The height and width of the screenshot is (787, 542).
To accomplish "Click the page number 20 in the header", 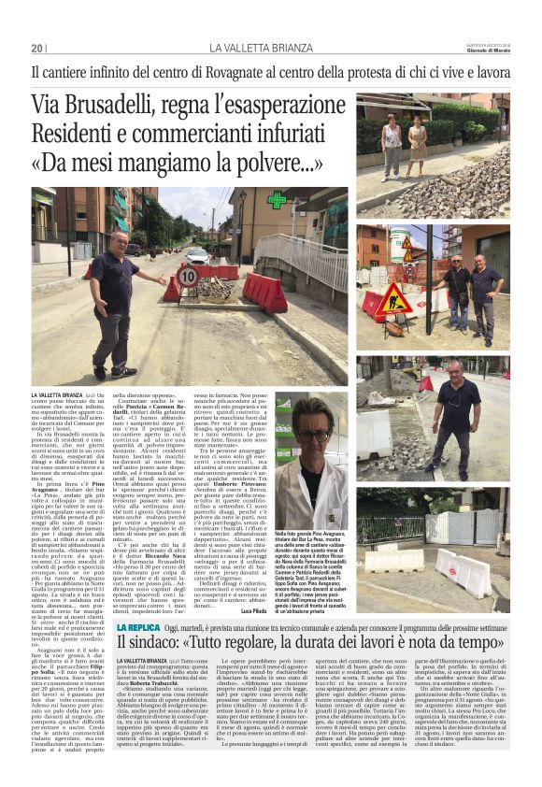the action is coord(37,48).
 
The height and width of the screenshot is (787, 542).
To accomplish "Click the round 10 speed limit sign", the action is coord(188,276).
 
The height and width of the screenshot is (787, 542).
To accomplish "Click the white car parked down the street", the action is coord(197,254).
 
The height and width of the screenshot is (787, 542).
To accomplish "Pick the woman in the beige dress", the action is coord(418,140).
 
